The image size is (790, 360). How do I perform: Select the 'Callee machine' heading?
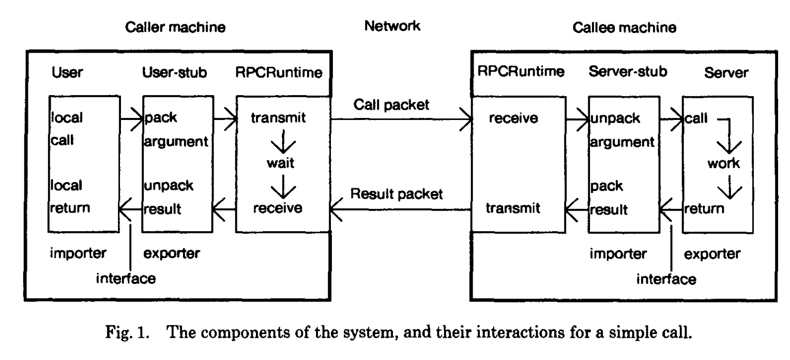[x=625, y=28]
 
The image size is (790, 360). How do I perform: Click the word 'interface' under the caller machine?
[x=126, y=279]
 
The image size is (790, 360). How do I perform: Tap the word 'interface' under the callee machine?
[x=666, y=280]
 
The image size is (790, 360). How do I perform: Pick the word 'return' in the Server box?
[x=704, y=208]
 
